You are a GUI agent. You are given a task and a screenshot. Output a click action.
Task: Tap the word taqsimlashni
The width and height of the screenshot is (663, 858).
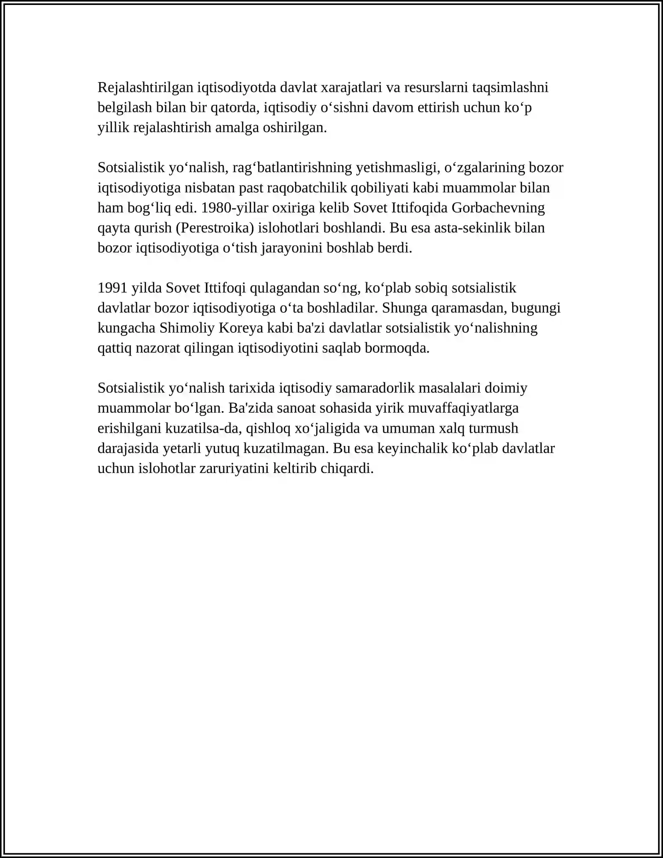tap(510, 88)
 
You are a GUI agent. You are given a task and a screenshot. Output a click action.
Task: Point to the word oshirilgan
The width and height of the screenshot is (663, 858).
tap(295, 128)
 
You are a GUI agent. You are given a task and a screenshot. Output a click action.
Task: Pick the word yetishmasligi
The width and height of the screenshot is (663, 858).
tap(398, 168)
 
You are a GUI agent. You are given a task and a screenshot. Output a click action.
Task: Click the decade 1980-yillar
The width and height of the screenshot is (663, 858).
tap(235, 208)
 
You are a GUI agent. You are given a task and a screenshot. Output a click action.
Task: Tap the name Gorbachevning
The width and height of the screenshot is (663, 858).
tap(498, 208)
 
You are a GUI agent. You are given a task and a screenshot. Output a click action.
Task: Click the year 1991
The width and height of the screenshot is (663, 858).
tap(112, 288)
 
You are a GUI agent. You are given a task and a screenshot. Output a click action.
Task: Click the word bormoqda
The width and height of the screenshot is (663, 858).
tap(397, 348)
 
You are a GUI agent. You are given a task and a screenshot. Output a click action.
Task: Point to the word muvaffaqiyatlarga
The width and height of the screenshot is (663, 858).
tap(462, 408)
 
